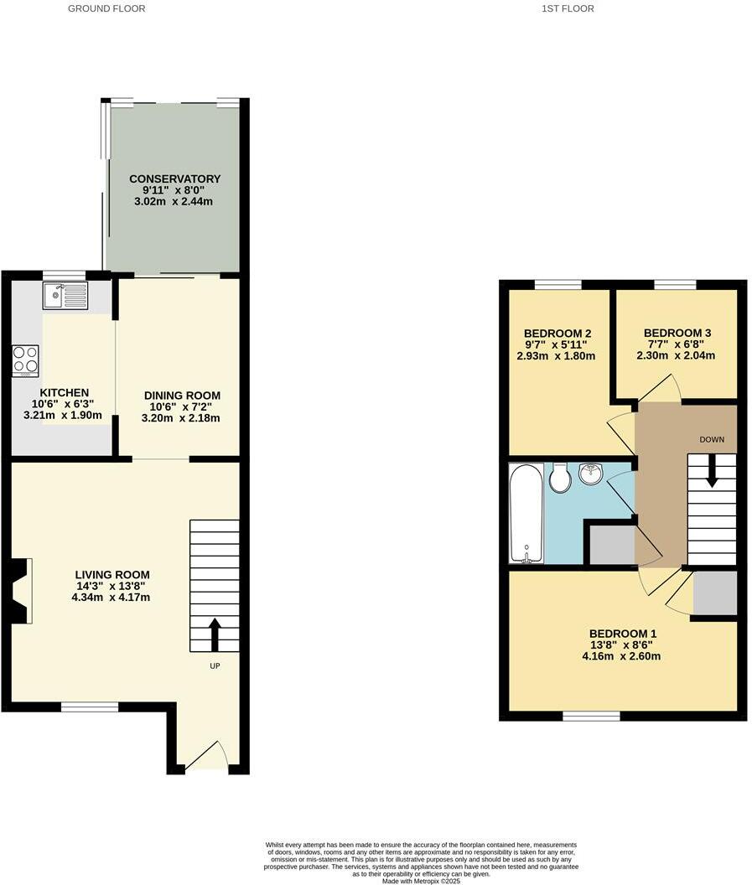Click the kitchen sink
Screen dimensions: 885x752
(x=65, y=296)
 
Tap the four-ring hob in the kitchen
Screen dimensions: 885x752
(x=25, y=360)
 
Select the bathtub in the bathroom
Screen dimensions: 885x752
(x=526, y=513)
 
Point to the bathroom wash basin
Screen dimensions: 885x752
(x=591, y=474)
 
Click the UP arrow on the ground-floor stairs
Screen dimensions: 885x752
(x=215, y=634)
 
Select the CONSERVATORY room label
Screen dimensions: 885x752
(x=174, y=179)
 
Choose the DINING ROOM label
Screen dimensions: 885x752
(x=182, y=396)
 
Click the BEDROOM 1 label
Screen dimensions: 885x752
(x=623, y=634)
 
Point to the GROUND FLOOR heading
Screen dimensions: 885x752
(x=106, y=8)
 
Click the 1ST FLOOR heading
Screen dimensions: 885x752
(x=568, y=8)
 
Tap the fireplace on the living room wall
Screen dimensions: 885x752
(x=22, y=592)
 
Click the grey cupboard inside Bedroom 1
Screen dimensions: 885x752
(x=714, y=593)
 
